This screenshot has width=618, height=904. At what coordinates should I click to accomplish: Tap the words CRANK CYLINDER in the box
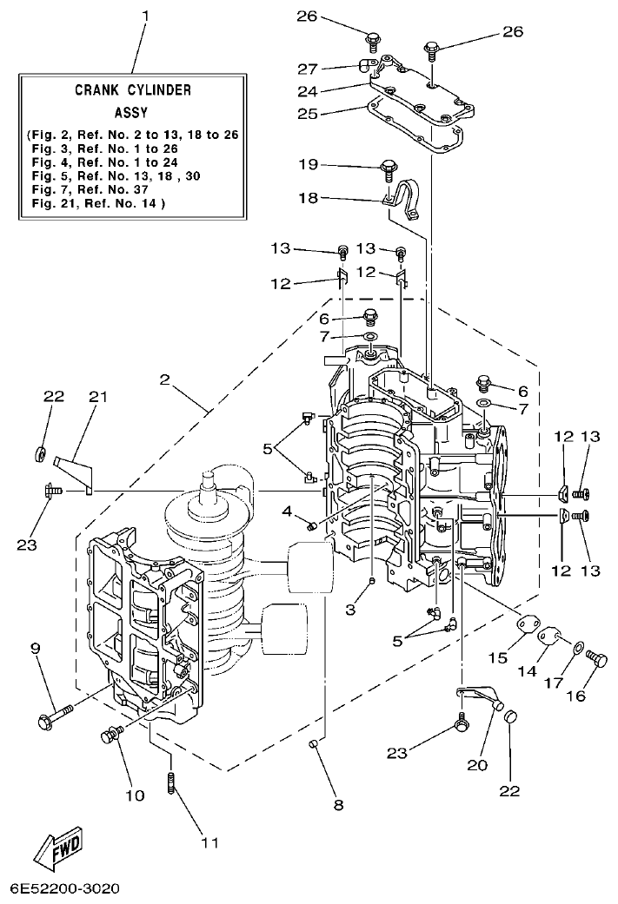click(132, 89)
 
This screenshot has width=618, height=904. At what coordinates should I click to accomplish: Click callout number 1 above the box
click(145, 15)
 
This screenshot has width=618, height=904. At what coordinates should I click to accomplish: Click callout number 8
click(337, 805)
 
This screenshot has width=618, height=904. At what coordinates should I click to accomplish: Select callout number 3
click(350, 610)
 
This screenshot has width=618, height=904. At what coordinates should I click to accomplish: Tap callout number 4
click(286, 511)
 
